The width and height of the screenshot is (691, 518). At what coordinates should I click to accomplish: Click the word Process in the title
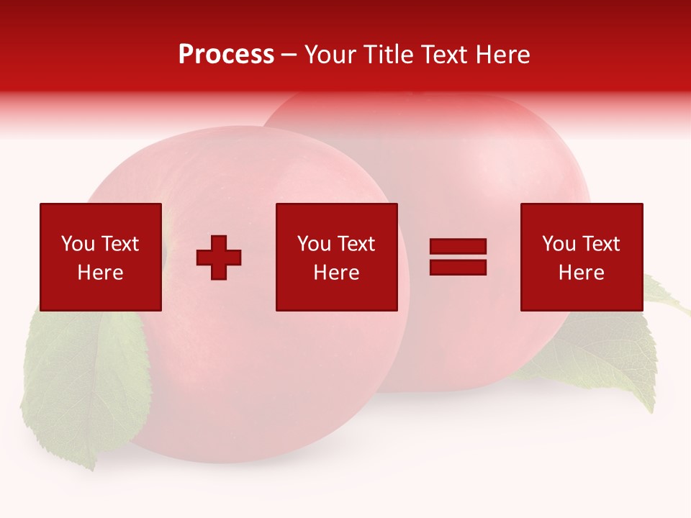226,55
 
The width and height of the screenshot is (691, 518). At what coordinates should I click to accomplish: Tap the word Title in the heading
389,55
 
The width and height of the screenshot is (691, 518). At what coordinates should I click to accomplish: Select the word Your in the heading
332,55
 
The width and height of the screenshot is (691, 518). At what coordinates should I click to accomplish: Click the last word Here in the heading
503,55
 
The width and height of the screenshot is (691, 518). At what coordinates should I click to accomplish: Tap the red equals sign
458,257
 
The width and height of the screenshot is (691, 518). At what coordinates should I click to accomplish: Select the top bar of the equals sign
458,247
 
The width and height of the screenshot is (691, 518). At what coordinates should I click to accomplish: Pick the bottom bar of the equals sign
458,267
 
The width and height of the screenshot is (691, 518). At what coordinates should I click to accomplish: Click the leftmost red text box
101,257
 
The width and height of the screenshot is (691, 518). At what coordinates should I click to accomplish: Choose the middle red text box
336,257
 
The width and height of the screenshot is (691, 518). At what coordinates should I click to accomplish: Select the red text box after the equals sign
581,257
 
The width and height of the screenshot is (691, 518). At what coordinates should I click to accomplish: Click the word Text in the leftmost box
119,244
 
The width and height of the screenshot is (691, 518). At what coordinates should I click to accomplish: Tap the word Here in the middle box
336,273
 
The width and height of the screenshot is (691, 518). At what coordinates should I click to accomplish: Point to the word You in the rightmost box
559,244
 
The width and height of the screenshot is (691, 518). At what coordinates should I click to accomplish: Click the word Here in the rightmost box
581,273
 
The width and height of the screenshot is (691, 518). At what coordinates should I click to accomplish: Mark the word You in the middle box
315,244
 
